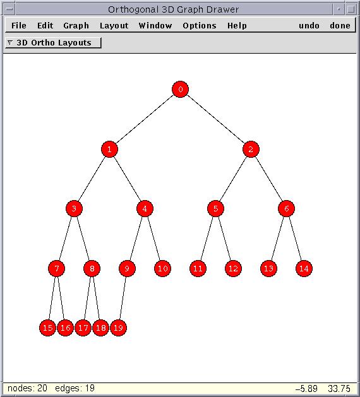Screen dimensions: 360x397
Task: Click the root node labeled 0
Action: pyautogui.click(x=180, y=89)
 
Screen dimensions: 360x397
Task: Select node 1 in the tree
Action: pyautogui.click(x=109, y=149)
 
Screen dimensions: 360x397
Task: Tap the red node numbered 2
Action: pyautogui.click(x=251, y=149)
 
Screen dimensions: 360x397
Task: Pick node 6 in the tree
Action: pyautogui.click(x=286, y=209)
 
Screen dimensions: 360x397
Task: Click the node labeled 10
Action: pyautogui.click(x=162, y=268)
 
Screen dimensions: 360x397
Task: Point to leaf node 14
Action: pyautogui.click(x=304, y=268)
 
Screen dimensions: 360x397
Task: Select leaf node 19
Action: pyautogui.click(x=118, y=328)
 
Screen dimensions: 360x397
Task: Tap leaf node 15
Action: pyautogui.click(x=47, y=328)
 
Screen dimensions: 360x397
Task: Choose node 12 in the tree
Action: pyautogui.click(x=233, y=268)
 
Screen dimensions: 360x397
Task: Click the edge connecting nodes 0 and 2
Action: pyautogui.click(x=215, y=119)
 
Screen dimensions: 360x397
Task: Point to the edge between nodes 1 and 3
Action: pyautogui.click(x=92, y=179)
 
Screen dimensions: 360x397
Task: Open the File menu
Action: pyautogui.click(x=19, y=26)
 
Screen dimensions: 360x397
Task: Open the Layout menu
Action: pyautogui.click(x=114, y=26)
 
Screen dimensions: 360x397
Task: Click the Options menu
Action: pyautogui.click(x=200, y=26)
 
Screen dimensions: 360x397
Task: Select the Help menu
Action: pyautogui.click(x=237, y=26)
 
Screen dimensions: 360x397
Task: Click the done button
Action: pyautogui.click(x=340, y=26)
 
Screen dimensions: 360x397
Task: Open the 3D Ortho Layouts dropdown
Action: pyautogui.click(x=53, y=42)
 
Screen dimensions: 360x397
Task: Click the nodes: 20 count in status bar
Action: pyautogui.click(x=27, y=388)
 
